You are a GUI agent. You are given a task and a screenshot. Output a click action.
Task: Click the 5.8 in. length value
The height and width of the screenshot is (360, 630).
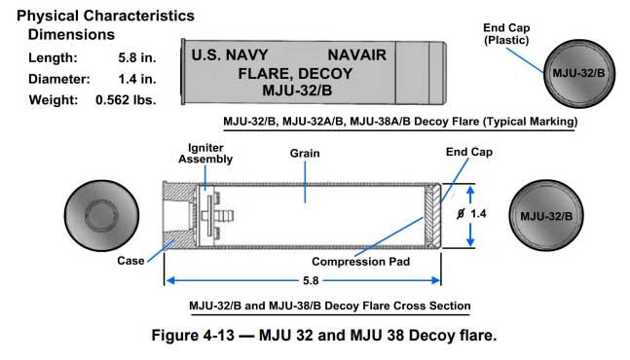click(137, 57)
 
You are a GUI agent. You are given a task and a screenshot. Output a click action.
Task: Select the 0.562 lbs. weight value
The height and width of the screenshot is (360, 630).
click(126, 100)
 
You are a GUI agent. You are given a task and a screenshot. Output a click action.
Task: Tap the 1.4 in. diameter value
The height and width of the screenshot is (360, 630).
click(137, 79)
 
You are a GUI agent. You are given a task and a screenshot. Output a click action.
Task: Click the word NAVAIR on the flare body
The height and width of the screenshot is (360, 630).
click(356, 55)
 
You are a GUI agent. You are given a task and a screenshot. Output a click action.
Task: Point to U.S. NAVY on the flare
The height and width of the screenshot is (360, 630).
click(230, 55)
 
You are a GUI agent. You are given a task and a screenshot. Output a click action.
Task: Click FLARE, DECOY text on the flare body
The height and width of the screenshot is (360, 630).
click(295, 73)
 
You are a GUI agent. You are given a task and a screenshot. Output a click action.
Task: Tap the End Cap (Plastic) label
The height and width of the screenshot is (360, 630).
click(506, 34)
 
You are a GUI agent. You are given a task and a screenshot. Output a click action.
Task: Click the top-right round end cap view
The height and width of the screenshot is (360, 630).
click(579, 73)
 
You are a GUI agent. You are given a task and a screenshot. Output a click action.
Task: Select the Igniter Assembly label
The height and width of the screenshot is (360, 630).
click(205, 154)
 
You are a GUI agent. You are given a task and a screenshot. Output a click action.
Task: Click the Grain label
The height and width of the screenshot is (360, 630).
click(305, 154)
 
